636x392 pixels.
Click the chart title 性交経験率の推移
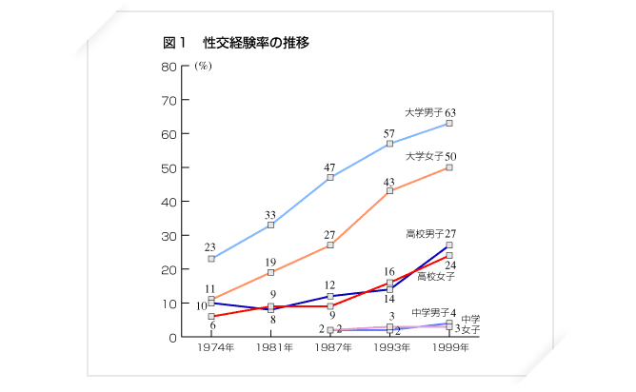256,43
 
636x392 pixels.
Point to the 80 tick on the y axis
169,67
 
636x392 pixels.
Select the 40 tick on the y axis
169,202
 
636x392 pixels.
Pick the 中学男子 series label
429,312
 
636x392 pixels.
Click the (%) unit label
202,67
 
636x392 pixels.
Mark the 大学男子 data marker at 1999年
449,124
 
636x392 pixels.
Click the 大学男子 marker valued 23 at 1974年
211,259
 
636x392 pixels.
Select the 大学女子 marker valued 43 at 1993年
390,191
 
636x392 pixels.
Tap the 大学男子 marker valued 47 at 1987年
330,178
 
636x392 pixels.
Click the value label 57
389,132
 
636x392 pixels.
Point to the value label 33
270,214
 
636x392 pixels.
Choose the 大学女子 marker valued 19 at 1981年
271,272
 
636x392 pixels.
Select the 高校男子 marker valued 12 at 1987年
330,297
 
